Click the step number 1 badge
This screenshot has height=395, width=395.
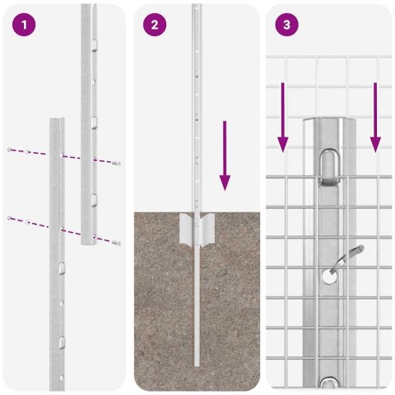point(25,25)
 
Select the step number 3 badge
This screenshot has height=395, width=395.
point(286,25)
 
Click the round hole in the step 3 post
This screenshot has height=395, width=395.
point(328,277)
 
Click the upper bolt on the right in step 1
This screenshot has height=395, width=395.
point(117,163)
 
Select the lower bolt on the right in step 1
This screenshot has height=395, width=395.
point(117,243)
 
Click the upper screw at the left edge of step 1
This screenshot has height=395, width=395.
point(9,150)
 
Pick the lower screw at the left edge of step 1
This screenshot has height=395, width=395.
point(9,218)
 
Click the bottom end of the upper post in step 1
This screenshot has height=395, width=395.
point(89,243)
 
